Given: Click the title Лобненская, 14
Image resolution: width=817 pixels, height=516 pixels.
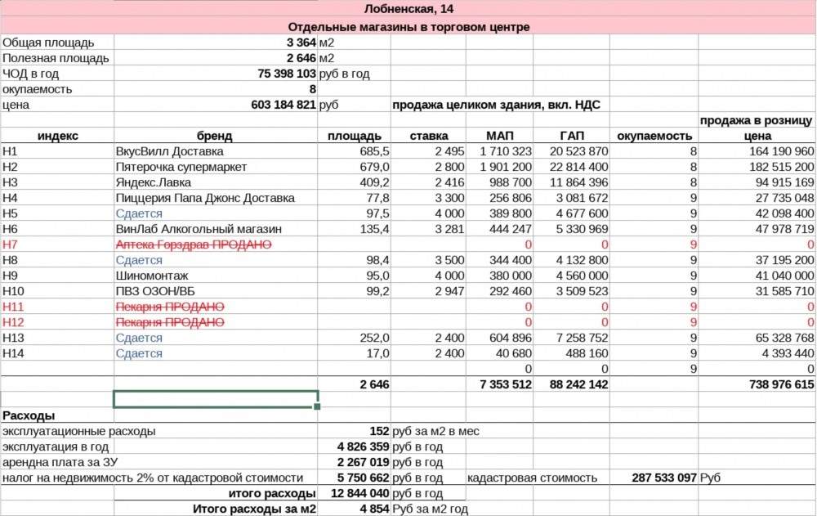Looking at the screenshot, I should (409, 11).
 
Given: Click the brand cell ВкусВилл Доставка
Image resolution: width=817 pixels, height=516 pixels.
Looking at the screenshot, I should (170, 151).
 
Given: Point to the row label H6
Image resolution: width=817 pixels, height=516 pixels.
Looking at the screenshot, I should (11, 229).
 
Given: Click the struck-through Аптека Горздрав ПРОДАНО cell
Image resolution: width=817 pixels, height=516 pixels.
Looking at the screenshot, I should (194, 245).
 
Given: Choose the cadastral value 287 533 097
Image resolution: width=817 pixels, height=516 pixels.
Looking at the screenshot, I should (663, 478).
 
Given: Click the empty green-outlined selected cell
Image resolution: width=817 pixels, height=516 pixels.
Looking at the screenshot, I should (215, 399).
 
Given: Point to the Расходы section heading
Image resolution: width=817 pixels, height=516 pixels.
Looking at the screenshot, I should (29, 415).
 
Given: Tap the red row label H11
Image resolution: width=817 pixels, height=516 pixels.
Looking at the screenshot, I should (15, 307).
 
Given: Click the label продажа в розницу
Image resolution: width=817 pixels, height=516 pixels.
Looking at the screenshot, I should (756, 120).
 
